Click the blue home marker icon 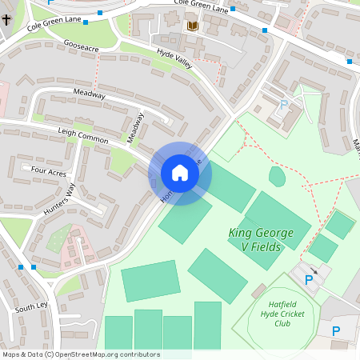coord(180,173)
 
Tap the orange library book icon coord(192,26)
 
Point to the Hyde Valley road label coord(174,58)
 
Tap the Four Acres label coord(48,170)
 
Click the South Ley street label coord(31,306)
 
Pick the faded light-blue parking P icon coord(282,105)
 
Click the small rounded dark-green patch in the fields coord(277,176)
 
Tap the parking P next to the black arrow coord(309,280)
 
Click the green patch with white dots coord(58,238)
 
